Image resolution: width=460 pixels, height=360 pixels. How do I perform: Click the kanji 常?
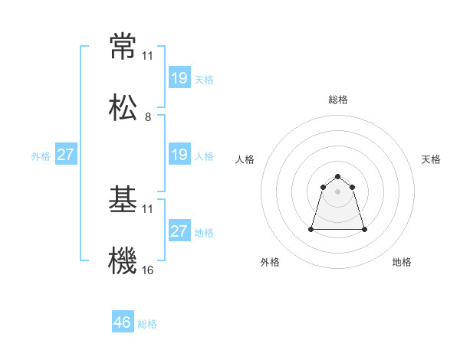[x=123, y=47]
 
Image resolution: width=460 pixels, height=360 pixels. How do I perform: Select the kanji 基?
[x=123, y=200]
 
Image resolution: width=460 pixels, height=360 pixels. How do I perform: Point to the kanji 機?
[x=123, y=260]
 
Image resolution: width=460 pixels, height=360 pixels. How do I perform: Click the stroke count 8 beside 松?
[x=148, y=117]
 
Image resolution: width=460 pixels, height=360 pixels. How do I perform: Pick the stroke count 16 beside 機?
[x=148, y=270]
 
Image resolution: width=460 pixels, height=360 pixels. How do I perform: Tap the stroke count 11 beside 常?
[x=148, y=56]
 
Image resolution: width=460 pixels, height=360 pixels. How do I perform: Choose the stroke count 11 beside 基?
[x=148, y=209]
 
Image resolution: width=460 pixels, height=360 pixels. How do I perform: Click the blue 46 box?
[x=123, y=322]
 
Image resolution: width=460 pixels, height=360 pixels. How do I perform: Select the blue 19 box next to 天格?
[x=179, y=78]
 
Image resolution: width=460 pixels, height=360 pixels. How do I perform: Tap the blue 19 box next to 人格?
[x=179, y=155]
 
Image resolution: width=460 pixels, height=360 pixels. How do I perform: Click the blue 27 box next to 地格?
[x=179, y=231]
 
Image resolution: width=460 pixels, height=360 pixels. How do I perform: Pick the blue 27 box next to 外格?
[x=66, y=155]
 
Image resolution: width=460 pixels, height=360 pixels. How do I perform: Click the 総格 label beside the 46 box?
[x=147, y=324]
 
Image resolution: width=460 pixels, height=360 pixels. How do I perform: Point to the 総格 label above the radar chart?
[x=338, y=100]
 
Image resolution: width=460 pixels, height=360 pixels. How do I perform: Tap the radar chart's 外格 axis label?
[x=270, y=262]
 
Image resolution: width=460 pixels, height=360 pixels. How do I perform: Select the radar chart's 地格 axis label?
[x=402, y=262]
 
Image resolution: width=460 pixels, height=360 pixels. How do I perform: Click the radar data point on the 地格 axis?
[x=364, y=229]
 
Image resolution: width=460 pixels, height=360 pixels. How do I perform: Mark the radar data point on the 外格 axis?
[x=312, y=229]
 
